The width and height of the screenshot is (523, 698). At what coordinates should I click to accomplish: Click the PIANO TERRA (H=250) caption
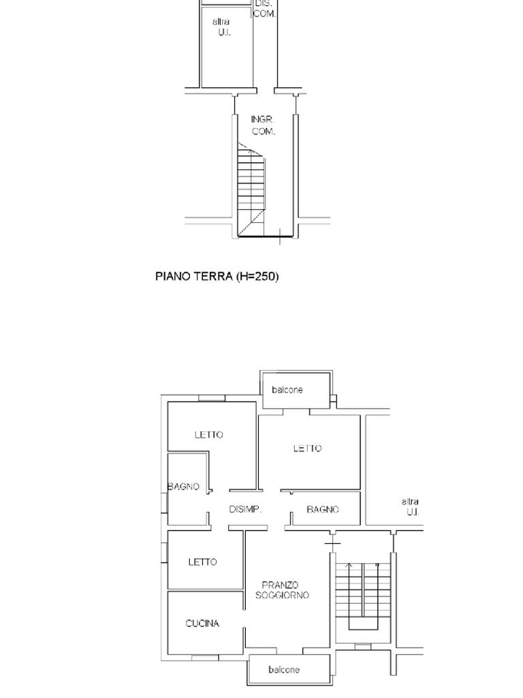point(217,277)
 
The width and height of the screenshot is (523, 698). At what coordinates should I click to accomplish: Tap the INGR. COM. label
point(264,125)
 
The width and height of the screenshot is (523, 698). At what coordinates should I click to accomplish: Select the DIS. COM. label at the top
point(264,9)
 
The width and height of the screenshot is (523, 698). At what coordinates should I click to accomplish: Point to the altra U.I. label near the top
point(222,27)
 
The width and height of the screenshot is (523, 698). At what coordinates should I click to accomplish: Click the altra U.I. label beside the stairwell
point(410,507)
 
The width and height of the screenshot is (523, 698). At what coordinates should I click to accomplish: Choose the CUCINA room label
point(202,624)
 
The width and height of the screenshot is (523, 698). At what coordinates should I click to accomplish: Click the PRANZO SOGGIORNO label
point(282,590)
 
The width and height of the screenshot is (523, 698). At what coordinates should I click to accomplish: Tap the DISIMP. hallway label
point(245,509)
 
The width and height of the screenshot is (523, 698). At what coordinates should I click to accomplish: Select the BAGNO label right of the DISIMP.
point(323,509)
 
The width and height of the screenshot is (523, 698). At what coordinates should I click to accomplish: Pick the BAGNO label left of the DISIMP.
point(183,487)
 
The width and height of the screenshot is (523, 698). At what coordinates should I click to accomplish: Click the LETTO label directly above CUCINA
point(203,562)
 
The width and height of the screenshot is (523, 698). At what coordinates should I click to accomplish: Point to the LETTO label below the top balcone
point(307,449)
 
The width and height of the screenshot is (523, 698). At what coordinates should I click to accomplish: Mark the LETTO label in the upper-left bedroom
point(208,434)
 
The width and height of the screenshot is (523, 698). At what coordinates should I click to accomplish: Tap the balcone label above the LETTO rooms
point(287,390)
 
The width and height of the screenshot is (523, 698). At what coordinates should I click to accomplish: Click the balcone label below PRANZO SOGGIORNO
point(284,669)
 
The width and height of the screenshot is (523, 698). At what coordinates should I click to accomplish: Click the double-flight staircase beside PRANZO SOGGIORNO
point(363,596)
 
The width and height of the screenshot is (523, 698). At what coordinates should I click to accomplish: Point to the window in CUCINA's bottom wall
point(205,657)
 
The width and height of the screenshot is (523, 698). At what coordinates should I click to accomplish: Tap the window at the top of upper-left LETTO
point(212,398)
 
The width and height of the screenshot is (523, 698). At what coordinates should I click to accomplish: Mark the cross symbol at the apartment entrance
point(332,544)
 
